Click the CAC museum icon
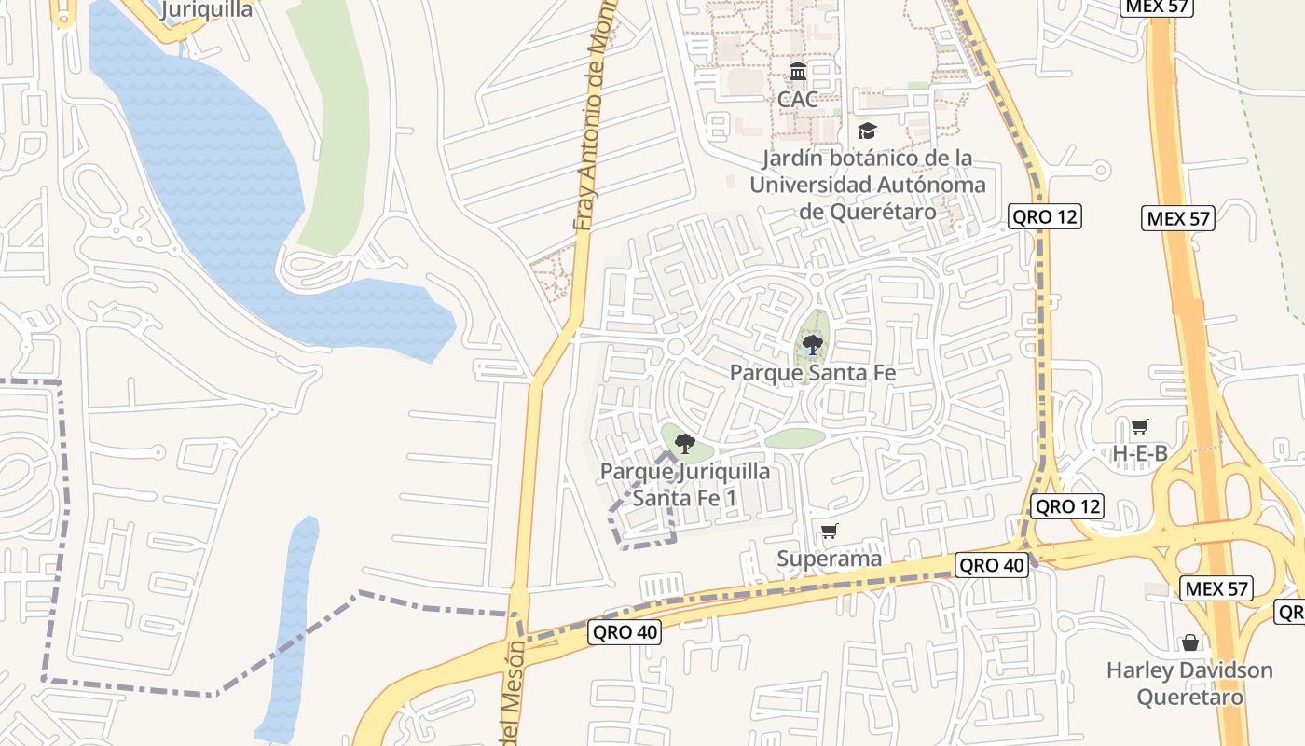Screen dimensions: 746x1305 [798, 72]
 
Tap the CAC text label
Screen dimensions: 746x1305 [798, 99]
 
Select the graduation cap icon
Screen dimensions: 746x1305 [867, 131]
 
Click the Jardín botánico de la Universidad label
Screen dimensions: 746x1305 [867, 185]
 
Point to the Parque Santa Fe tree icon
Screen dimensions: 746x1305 [813, 346]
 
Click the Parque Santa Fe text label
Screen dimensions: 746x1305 [813, 373]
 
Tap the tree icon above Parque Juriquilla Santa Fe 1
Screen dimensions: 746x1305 [685, 444]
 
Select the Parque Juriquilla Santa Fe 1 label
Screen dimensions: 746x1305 [685, 484]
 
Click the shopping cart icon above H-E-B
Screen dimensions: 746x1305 [1139, 427]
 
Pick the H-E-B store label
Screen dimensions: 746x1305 [1139, 454]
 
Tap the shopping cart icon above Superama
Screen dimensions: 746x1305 [829, 532]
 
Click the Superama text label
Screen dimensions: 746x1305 [829, 559]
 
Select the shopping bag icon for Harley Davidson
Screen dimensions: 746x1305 [1189, 642]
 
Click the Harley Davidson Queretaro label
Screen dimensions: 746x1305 [1189, 684]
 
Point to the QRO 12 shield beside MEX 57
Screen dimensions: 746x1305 [1044, 217]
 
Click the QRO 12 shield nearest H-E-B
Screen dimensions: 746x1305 [1067, 507]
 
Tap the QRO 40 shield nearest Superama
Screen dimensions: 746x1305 [992, 565]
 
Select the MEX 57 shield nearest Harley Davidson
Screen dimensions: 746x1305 [1216, 588]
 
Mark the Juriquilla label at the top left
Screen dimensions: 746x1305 [206, 10]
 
